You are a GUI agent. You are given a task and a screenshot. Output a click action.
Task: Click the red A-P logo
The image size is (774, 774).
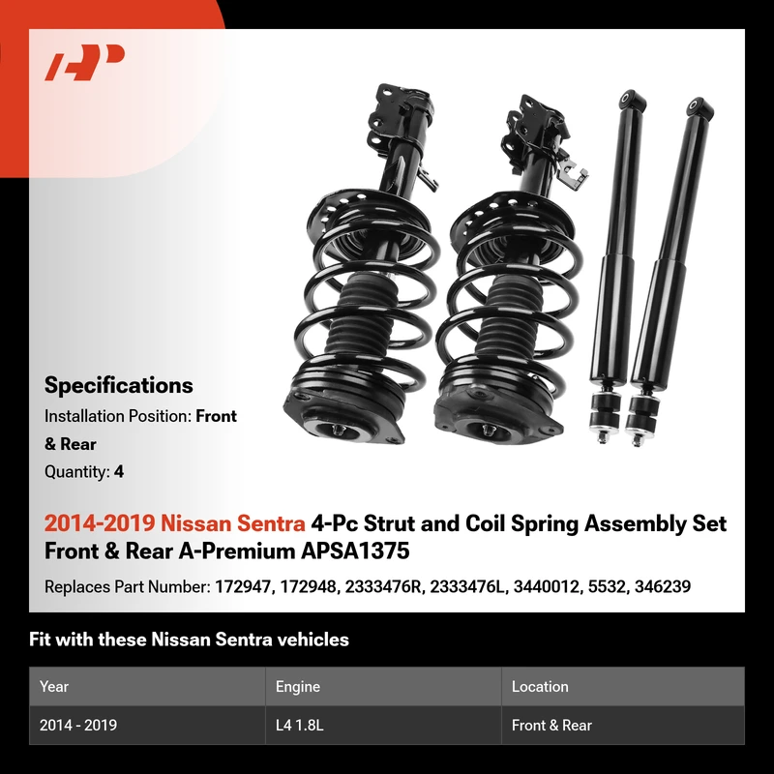(x=84, y=62)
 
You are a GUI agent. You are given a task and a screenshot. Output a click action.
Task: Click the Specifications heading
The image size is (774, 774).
(x=118, y=385)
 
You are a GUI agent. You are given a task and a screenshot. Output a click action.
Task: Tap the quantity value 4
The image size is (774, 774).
(x=118, y=472)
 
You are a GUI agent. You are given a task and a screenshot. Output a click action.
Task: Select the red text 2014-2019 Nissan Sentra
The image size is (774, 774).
(x=175, y=523)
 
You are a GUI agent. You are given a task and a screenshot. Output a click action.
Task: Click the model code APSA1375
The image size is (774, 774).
(x=355, y=551)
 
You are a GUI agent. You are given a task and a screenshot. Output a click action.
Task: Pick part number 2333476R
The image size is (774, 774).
(x=384, y=587)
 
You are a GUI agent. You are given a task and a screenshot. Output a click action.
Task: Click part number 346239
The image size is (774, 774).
(x=663, y=587)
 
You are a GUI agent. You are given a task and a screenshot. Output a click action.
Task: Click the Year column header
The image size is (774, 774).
(x=54, y=687)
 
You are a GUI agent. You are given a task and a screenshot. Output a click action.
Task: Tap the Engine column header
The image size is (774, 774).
(x=298, y=687)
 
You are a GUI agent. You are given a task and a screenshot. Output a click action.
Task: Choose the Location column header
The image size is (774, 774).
(x=540, y=687)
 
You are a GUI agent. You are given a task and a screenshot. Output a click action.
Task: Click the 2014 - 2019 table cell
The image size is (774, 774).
(x=78, y=725)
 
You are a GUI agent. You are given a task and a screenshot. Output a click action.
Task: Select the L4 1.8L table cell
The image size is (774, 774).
(x=300, y=725)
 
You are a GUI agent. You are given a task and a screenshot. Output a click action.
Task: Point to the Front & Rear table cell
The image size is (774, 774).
(x=551, y=725)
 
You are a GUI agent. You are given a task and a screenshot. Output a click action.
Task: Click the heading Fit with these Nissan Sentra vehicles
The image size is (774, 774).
(x=189, y=640)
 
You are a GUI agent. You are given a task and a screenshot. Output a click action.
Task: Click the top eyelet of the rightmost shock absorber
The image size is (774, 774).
(x=700, y=107)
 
